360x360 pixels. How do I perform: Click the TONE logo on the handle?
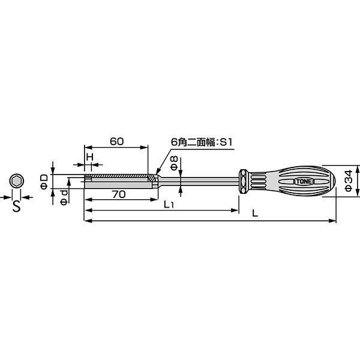[x=304, y=182]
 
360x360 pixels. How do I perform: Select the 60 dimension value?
[x=116, y=142]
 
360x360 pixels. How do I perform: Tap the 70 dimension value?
[x=119, y=194]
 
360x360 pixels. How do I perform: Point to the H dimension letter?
[x=90, y=157]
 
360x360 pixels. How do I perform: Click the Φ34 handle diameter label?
[x=348, y=181]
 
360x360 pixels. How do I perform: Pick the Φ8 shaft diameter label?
[x=174, y=163]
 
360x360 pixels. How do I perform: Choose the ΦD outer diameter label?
[x=44, y=181]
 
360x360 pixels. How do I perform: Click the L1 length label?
[x=169, y=205]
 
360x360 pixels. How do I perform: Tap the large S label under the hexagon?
[x=17, y=206]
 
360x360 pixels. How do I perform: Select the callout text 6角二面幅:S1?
[x=202, y=142]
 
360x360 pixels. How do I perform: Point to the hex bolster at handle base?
[x=244, y=182]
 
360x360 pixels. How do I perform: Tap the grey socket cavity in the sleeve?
[x=118, y=185]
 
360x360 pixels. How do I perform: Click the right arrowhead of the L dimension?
[x=332, y=221]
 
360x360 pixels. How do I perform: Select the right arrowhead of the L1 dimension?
[x=235, y=210]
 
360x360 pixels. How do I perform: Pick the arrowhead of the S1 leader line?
[x=157, y=172]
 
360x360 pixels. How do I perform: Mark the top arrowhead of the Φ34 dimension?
[x=357, y=169]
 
